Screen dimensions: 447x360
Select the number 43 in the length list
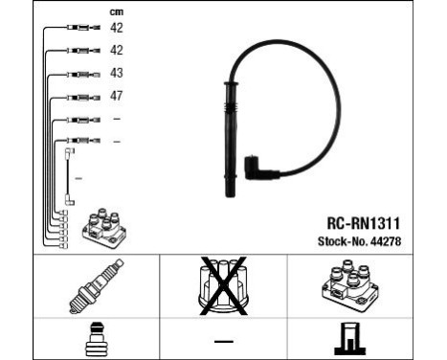tap(117, 73)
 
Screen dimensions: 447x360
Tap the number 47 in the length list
tap(117, 96)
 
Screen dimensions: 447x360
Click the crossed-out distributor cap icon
tap(223, 284)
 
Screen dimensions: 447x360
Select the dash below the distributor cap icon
tap(222, 340)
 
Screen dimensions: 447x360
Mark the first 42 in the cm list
tap(117, 28)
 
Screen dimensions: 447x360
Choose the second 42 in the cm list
tap(117, 50)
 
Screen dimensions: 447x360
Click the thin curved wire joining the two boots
tap(305, 77)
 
